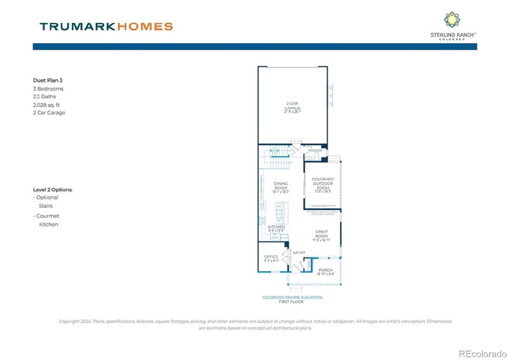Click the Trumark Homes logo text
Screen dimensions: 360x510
[106, 27]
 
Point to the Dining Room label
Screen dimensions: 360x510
[280, 187]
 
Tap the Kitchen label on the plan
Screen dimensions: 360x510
[275, 228]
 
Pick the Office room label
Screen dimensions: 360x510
[271, 258]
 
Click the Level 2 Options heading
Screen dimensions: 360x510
[52, 189]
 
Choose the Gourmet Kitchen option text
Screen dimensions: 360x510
[48, 220]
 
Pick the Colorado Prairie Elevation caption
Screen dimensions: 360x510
[292, 298]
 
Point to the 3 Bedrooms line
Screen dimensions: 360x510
[48, 89]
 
